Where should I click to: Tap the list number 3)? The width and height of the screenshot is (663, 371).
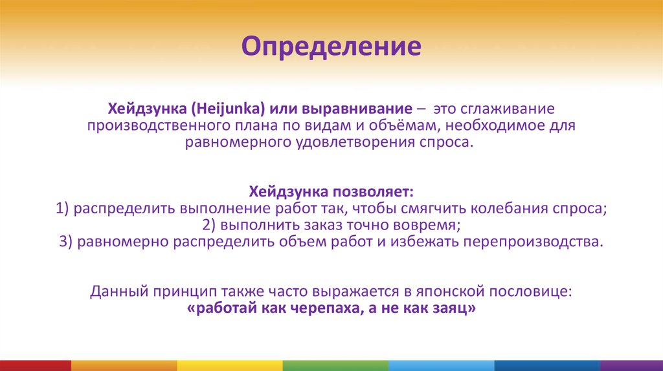[65, 242]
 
